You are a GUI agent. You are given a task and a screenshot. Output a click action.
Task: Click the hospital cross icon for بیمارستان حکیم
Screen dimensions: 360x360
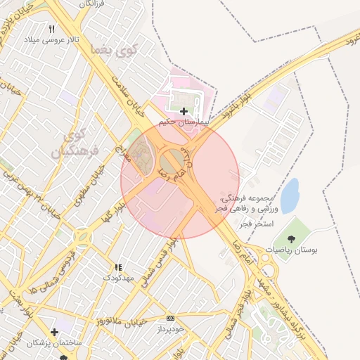click(184, 111)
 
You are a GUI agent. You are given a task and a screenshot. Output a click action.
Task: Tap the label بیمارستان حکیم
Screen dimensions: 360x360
click(184, 122)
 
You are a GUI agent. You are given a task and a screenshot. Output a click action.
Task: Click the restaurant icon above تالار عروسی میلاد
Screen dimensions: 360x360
click(51, 29)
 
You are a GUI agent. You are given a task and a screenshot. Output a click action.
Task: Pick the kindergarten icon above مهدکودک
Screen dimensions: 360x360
click(118, 267)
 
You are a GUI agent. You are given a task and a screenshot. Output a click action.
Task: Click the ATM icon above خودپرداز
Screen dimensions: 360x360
click(171, 318)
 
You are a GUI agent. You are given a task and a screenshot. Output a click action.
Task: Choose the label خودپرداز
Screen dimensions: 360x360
click(171, 328)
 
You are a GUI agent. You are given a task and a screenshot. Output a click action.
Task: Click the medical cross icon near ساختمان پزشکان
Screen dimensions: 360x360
click(55, 331)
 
